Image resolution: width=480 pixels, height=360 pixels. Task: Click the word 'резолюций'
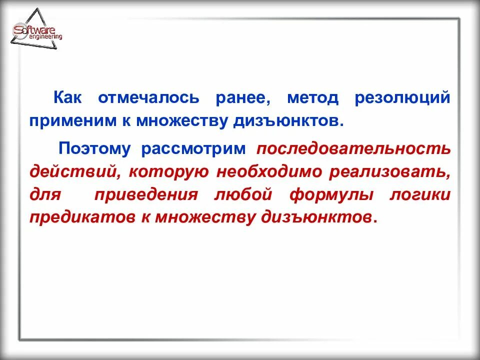[x=402, y=97]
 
